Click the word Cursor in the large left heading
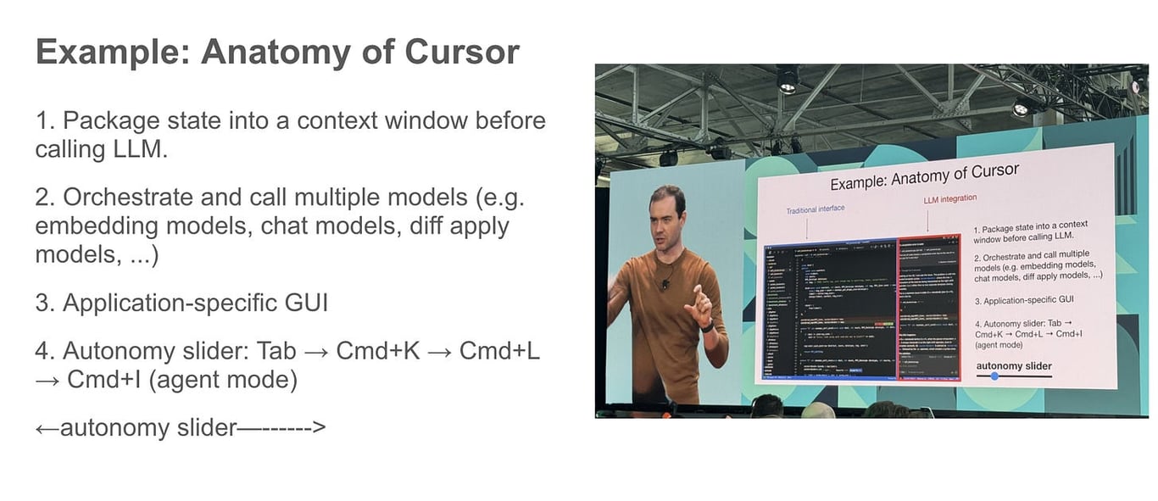[x=462, y=53]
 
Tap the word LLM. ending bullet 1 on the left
[x=136, y=150]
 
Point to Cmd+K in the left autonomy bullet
[x=378, y=350]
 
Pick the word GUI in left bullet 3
[x=308, y=303]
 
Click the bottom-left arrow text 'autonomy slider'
[x=149, y=427]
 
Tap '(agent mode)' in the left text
[x=222, y=380]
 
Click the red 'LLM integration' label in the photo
[x=949, y=199]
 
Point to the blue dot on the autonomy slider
[x=994, y=376]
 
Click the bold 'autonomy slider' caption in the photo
[x=1013, y=366]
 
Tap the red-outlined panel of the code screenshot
[x=930, y=309]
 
